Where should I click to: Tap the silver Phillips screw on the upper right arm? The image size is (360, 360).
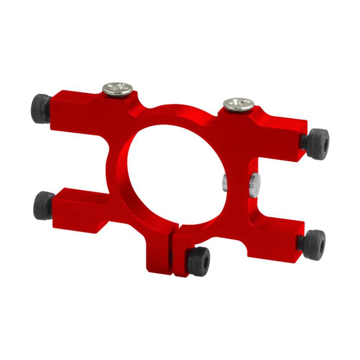pos(238,103)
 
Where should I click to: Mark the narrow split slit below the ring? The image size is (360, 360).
pos(172,252)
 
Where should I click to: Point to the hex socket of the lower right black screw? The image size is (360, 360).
pos(320,240)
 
